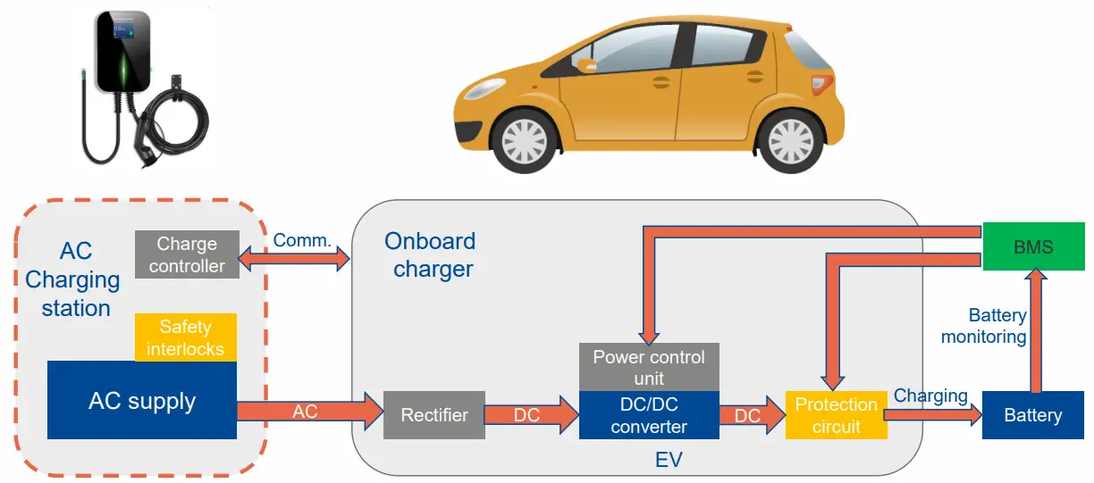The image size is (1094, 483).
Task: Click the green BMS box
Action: point(1033,246)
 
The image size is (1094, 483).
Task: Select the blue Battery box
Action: point(1032,415)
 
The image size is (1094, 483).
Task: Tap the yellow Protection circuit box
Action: point(836,415)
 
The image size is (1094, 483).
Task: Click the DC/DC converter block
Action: point(649,415)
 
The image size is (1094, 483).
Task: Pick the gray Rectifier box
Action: point(434,415)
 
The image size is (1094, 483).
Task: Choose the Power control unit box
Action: point(649,367)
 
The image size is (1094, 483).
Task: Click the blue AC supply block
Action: point(141,401)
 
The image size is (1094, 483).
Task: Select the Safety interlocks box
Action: point(185,337)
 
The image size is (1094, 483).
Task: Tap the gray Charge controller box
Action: point(187,254)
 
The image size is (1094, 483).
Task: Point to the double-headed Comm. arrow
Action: point(296,260)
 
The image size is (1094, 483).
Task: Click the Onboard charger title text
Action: point(431,254)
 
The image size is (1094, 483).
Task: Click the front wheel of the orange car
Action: point(525,140)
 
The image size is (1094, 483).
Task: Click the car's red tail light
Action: point(819,84)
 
